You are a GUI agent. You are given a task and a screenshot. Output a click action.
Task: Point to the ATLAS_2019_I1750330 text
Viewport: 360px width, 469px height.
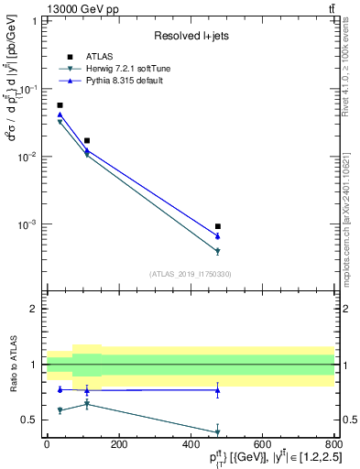(x=191, y=274)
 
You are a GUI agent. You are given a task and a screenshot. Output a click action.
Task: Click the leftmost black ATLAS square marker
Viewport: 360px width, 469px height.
(x=60, y=105)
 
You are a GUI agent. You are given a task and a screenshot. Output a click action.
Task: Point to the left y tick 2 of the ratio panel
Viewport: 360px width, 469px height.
(x=33, y=309)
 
